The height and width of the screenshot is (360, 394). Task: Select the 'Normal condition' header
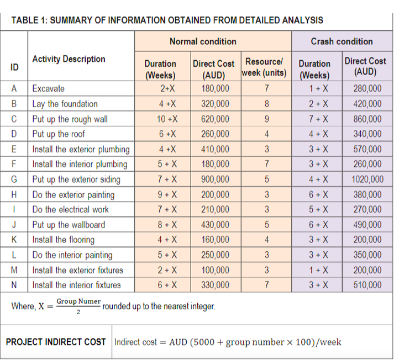tap(203, 41)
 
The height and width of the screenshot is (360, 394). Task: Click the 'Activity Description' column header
tap(69, 59)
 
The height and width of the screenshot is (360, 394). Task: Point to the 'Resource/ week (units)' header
tap(264, 67)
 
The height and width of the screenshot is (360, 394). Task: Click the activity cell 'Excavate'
tap(49, 88)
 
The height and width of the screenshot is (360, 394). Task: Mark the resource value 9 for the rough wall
tap(266, 119)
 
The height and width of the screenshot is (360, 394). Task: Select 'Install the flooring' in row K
tap(64, 240)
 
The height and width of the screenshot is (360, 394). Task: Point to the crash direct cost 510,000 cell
tap(366, 285)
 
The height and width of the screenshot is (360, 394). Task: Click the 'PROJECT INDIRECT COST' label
tap(56, 342)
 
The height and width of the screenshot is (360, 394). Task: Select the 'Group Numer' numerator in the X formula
tap(78, 301)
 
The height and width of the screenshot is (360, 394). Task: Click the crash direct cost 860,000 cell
tap(366, 119)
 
